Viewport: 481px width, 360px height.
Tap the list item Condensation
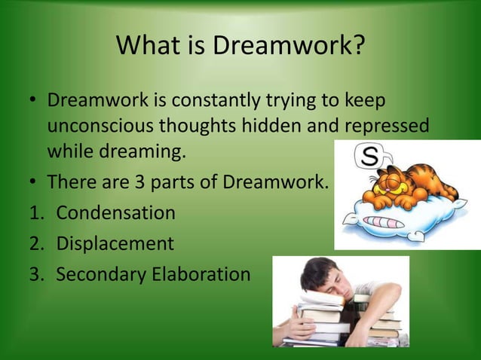[115, 213]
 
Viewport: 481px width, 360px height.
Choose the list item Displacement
[115, 244]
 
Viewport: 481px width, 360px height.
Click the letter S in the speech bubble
[369, 158]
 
